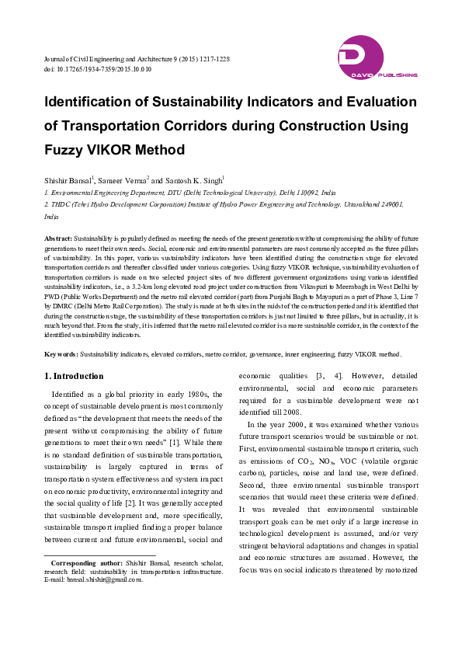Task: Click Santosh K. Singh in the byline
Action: click(x=196, y=179)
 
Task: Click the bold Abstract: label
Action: click(x=58, y=235)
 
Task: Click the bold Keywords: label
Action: click(x=61, y=353)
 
